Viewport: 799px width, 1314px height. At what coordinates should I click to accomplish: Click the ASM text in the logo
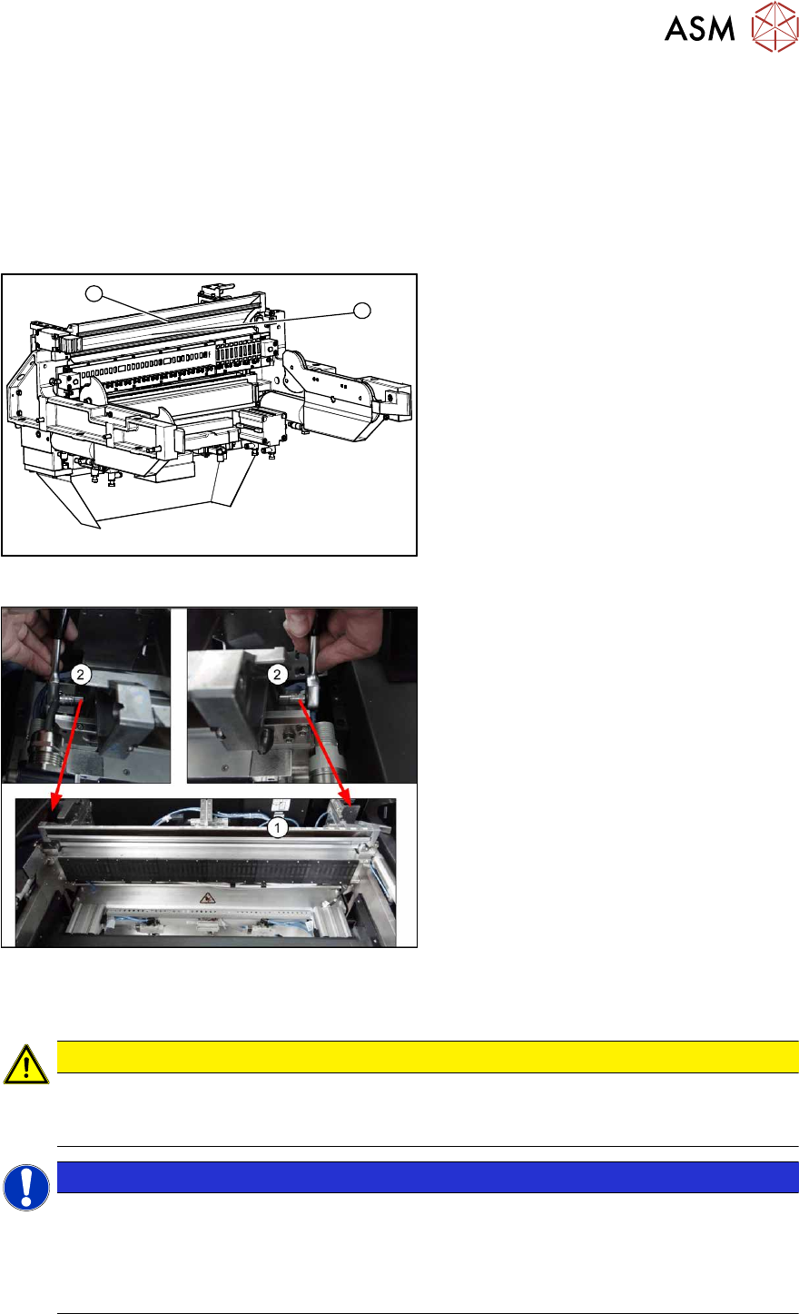(699, 28)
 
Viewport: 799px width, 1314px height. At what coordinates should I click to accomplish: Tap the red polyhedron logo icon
(774, 26)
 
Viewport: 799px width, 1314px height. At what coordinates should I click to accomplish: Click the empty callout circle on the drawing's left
(94, 293)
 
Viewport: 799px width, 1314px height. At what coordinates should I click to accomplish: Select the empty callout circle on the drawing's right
(362, 311)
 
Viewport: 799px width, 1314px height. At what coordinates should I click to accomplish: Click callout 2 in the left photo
(81, 675)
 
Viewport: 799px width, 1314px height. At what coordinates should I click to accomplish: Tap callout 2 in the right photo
(278, 675)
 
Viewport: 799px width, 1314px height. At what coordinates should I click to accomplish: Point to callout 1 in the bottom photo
(278, 828)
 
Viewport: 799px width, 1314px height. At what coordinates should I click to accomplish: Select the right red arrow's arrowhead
(346, 798)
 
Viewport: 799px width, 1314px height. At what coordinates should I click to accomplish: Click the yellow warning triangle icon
(25, 1064)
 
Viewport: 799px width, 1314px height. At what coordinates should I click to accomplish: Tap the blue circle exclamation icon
(25, 1187)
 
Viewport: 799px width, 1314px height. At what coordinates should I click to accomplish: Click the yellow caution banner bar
(428, 1057)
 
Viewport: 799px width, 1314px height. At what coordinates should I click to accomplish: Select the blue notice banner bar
(428, 1177)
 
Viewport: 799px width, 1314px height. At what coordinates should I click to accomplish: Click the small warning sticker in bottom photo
(206, 897)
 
